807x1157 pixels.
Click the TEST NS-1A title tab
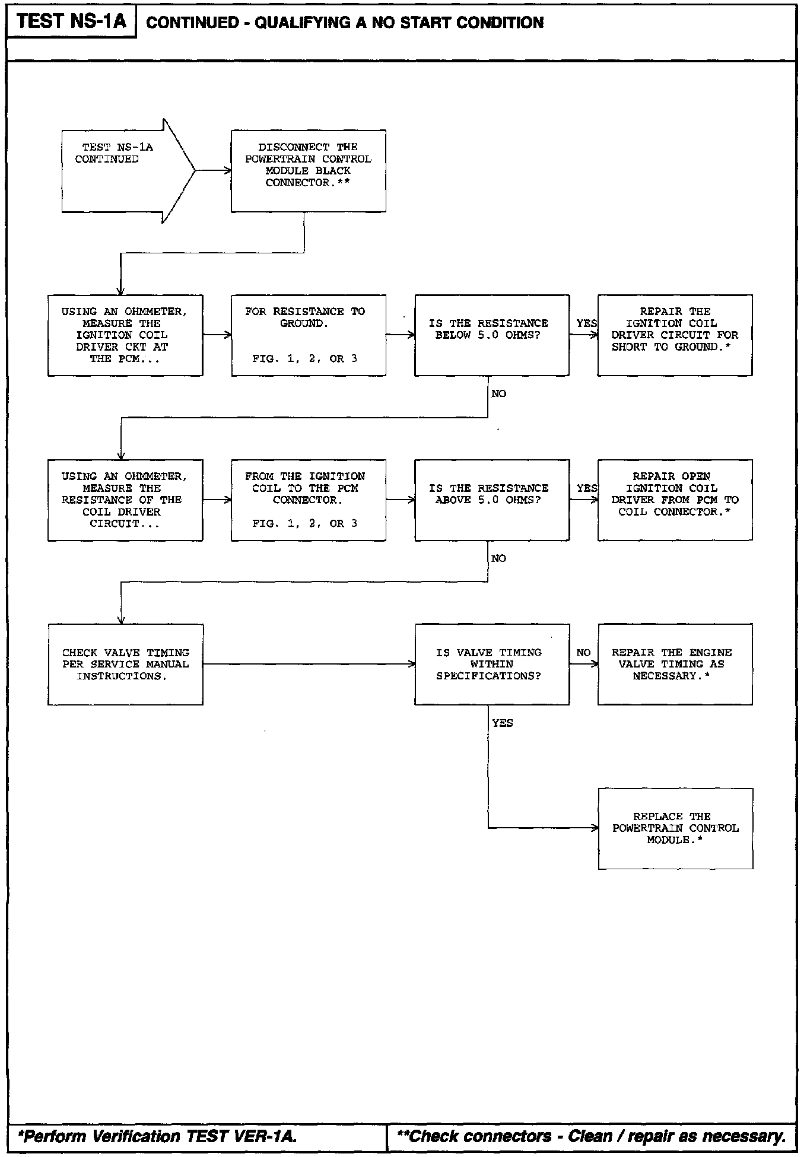(x=71, y=21)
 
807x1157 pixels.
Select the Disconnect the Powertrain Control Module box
(x=308, y=170)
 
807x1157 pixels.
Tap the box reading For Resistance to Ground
(x=308, y=335)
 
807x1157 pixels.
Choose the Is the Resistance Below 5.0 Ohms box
(x=491, y=335)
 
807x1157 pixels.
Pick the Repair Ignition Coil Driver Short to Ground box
(x=675, y=335)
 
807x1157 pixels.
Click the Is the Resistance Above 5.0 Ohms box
(x=491, y=500)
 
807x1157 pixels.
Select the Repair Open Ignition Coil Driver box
(x=675, y=500)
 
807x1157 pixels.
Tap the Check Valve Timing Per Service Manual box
(x=125, y=664)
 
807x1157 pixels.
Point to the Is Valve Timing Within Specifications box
(x=491, y=664)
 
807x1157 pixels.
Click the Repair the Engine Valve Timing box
(x=675, y=664)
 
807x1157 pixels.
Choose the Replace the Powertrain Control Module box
(x=675, y=828)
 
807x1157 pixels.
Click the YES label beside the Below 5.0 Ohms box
(x=586, y=323)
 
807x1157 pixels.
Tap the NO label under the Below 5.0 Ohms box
(x=498, y=394)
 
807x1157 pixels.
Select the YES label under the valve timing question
(x=502, y=723)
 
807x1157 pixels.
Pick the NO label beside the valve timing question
(x=583, y=653)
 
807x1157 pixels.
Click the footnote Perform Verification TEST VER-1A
(x=158, y=1136)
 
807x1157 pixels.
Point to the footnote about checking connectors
(x=591, y=1136)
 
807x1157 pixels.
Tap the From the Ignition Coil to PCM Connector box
(x=308, y=500)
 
